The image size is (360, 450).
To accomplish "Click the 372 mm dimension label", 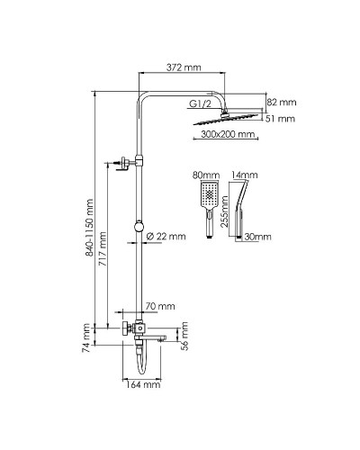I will click(x=183, y=67).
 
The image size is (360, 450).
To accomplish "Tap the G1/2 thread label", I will click(x=202, y=104).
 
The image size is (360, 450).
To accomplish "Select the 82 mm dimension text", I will click(x=281, y=101).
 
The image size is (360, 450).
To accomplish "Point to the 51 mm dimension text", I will click(x=281, y=118).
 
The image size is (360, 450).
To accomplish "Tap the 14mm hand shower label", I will click(x=244, y=175).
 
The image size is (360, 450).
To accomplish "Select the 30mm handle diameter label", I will click(x=257, y=237).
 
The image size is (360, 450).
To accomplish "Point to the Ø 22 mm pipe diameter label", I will click(x=167, y=237).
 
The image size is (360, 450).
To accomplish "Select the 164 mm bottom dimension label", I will click(x=142, y=385).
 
